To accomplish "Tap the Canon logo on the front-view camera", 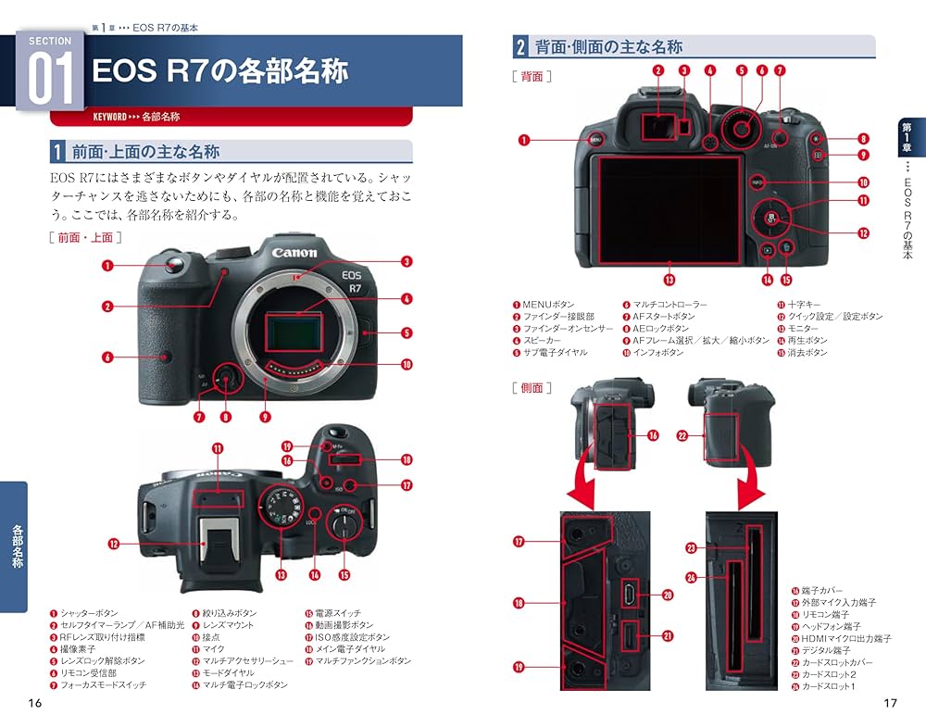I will click(x=294, y=252).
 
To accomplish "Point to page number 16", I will click(x=35, y=704).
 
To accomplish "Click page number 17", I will click(x=890, y=704).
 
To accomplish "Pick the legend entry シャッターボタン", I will click(x=89, y=613).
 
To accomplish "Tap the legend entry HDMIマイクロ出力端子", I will click(x=848, y=639).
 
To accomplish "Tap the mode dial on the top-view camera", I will click(x=279, y=508).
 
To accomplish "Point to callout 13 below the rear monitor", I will click(x=669, y=277).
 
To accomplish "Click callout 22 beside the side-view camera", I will click(x=682, y=434).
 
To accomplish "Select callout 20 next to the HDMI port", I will click(x=667, y=595).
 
